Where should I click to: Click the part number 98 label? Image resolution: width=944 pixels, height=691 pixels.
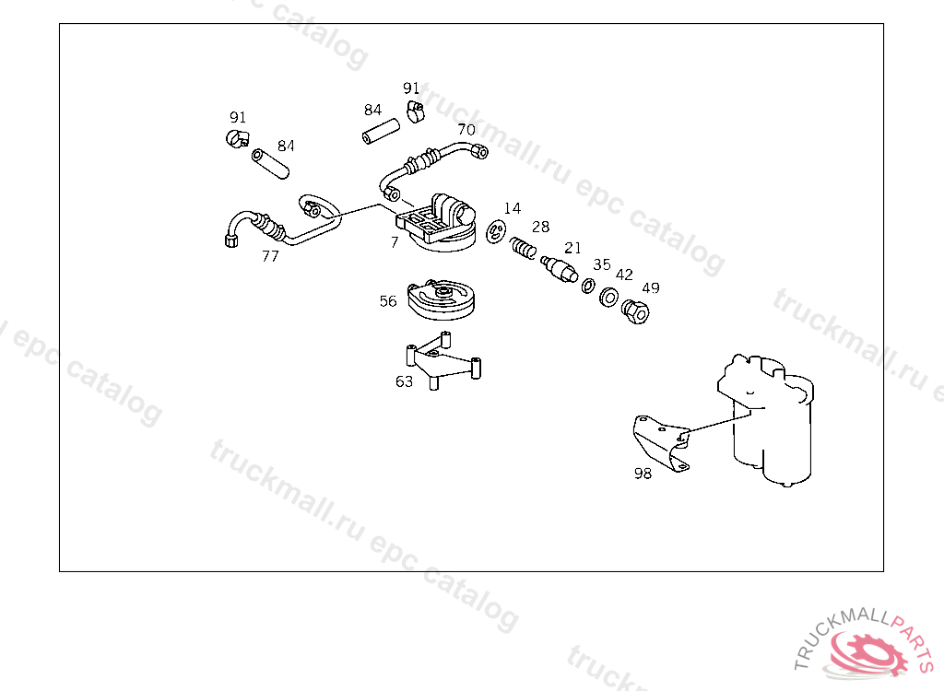click(643, 474)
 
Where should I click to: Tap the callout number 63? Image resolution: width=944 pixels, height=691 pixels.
click(404, 381)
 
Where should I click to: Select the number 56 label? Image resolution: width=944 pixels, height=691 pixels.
click(388, 301)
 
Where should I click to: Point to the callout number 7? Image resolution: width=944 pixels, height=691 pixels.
click(395, 242)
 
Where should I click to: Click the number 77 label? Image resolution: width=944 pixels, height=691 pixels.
click(270, 256)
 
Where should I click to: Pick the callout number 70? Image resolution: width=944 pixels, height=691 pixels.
click(466, 130)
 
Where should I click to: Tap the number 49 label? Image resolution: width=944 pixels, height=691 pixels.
click(651, 287)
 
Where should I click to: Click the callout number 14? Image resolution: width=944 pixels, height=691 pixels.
click(513, 209)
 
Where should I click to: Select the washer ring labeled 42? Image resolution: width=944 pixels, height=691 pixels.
click(608, 299)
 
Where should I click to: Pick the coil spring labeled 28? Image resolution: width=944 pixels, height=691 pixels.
click(524, 248)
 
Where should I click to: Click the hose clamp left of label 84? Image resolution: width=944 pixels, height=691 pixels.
click(237, 140)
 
